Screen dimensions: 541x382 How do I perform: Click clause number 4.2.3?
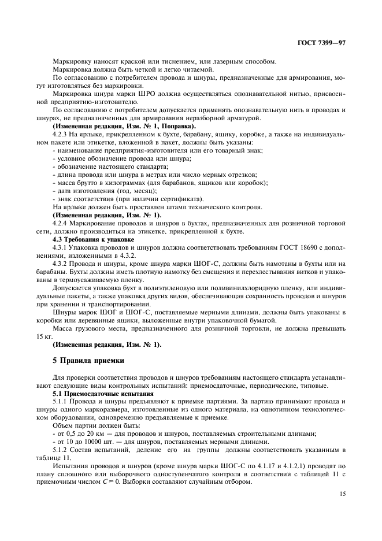(60, 134)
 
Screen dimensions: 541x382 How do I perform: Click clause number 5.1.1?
(60, 401)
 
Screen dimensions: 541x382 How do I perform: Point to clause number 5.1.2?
(60, 449)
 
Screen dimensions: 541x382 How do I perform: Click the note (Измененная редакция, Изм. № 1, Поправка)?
(124, 126)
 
